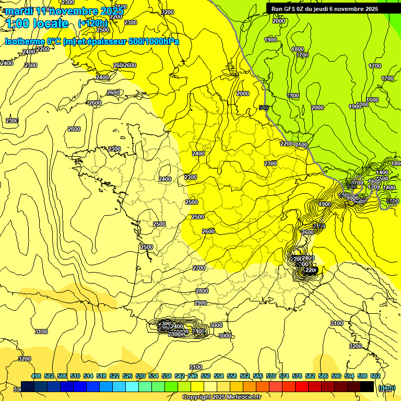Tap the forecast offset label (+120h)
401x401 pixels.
click(92, 23)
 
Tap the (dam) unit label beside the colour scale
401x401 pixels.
click(386, 387)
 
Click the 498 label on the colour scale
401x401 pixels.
click(36, 376)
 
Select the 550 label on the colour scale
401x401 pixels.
click(206, 376)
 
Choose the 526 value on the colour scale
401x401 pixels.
click(127, 376)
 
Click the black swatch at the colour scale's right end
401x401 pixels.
click(367, 386)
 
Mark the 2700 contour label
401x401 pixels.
click(199, 268)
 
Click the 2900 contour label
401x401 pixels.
click(200, 303)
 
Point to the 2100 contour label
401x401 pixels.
click(301, 145)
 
